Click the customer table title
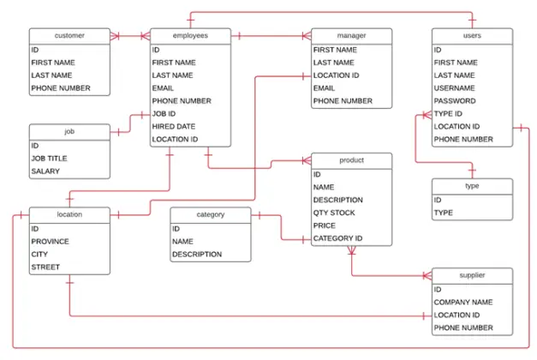(69, 36)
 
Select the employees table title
(190, 36)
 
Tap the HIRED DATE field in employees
(174, 127)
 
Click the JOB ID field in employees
(164, 114)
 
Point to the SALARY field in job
(45, 171)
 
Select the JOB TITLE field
(50, 159)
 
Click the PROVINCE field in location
(50, 242)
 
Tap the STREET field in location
(45, 267)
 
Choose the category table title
(211, 214)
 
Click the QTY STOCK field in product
(334, 213)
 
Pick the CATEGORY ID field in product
(337, 238)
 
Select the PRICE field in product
(325, 225)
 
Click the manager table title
(351, 36)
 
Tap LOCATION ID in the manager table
(336, 75)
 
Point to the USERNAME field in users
(455, 88)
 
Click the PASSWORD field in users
(455, 101)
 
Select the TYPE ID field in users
(448, 114)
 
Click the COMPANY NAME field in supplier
(463, 302)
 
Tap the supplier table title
(472, 275)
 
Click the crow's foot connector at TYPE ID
(427, 115)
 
